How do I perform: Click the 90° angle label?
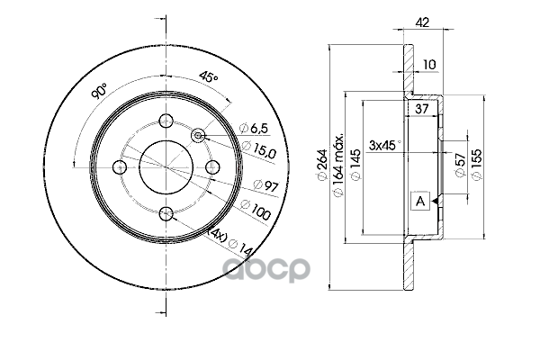(x=99, y=90)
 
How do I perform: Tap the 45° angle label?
(x=209, y=78)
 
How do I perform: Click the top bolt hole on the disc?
(x=166, y=121)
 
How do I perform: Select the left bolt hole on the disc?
(x=121, y=166)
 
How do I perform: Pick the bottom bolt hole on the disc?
(x=166, y=213)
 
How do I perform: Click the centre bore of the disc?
(x=166, y=166)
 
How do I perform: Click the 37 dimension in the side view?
(x=420, y=108)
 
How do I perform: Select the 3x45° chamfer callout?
(x=387, y=142)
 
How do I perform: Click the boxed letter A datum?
(x=418, y=201)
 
